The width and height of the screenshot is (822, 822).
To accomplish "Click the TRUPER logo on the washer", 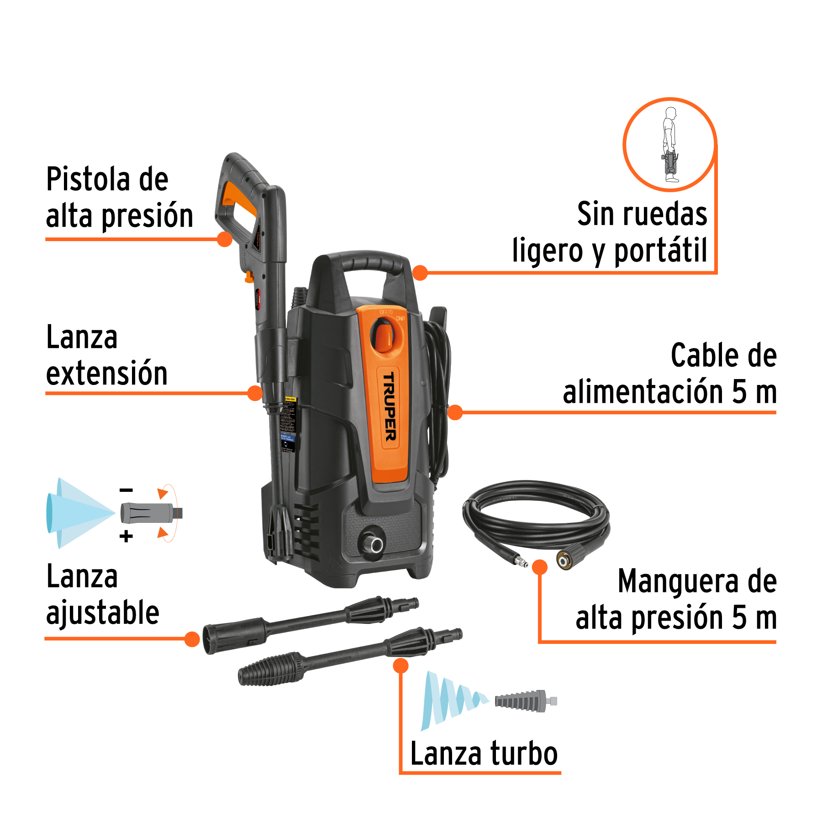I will coord(389,407).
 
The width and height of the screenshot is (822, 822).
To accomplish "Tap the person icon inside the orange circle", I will coord(670,144).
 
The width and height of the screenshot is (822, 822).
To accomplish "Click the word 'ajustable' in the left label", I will coord(103,613).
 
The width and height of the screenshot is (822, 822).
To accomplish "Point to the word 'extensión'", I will coord(107,373).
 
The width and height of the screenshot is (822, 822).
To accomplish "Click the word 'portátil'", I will coord(660,251).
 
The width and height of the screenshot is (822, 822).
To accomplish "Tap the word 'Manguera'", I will coord(678,581).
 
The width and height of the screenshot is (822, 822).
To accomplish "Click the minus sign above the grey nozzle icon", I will coord(126,490).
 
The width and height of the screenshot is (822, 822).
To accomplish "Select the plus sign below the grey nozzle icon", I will coord(126,536).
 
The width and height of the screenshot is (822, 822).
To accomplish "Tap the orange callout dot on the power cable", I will coord(455,412).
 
